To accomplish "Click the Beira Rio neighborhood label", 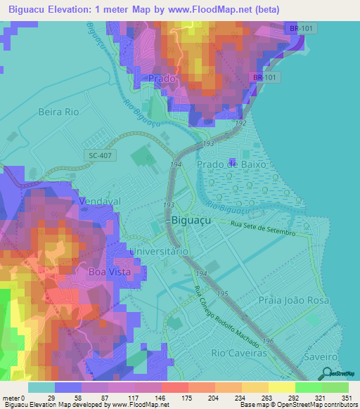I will coord(60,112).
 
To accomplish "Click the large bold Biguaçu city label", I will coord(190,220).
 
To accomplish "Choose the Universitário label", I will coord(158,251).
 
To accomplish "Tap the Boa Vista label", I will coord(105,271).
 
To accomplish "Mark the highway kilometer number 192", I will coord(240,123).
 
